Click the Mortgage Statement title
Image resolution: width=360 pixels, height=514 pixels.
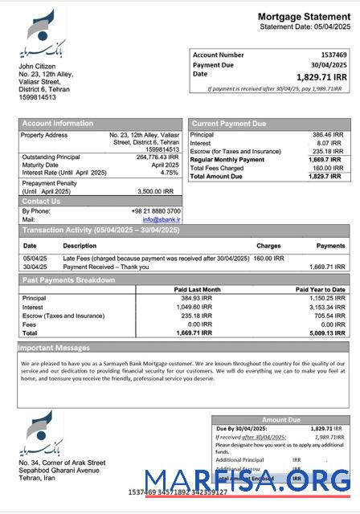click(304, 16)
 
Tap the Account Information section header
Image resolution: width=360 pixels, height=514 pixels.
click(57, 123)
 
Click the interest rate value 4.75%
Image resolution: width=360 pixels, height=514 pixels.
click(169, 173)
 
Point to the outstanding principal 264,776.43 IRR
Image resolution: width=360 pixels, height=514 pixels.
click(157, 157)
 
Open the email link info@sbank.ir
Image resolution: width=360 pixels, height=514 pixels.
click(162, 218)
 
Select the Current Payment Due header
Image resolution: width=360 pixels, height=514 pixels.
click(228, 123)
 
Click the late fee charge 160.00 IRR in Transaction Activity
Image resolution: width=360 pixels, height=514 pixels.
click(268, 259)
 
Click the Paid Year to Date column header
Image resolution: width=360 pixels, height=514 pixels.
click(320, 289)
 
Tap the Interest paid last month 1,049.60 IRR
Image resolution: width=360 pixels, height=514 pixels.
click(193, 306)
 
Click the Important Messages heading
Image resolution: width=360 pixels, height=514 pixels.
click(53, 348)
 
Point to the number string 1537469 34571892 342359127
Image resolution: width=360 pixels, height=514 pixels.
click(178, 492)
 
